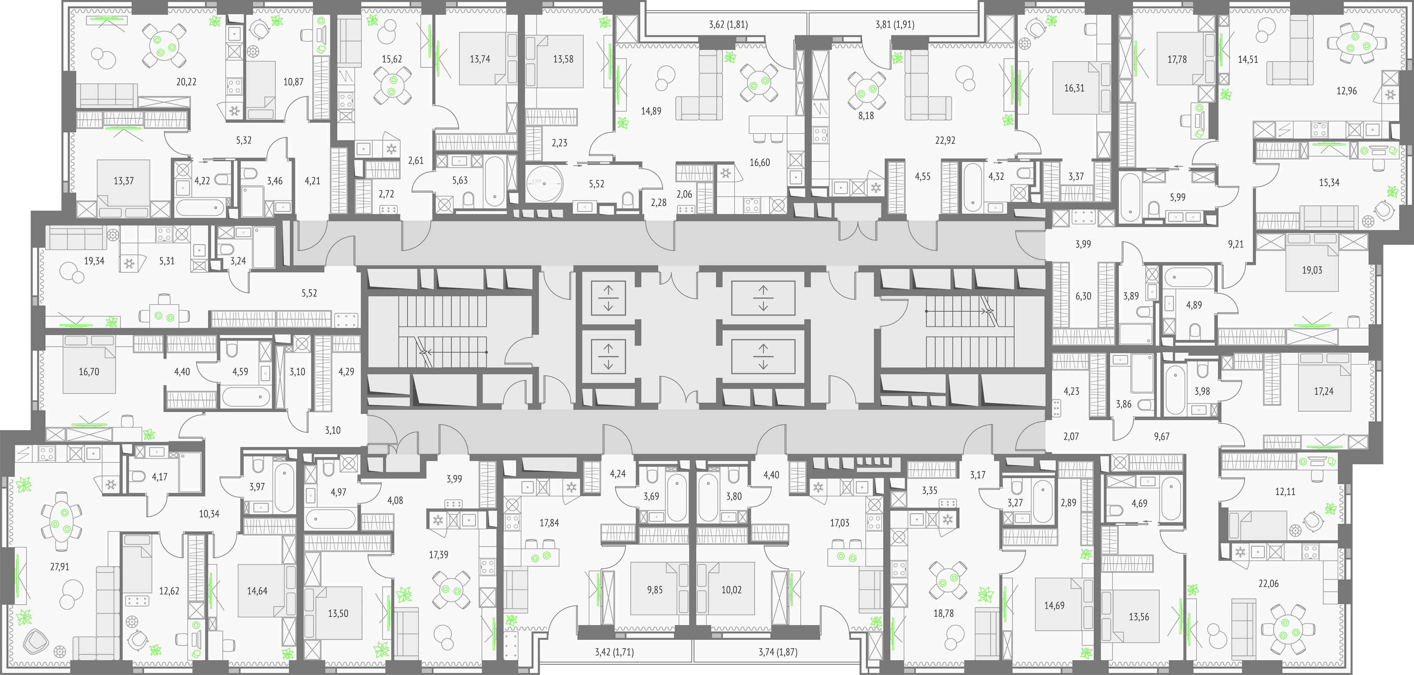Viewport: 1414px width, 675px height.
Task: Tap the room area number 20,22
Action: pos(186,82)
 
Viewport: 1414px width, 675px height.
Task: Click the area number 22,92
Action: pos(945,140)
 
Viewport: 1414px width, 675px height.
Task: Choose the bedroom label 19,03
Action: pos(1312,270)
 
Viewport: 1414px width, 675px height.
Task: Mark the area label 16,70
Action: pos(89,372)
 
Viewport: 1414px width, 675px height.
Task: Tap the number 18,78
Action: pos(944,614)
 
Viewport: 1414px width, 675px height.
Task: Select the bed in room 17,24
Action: pos(1324,382)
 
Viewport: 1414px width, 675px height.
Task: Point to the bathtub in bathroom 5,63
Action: pos(495,182)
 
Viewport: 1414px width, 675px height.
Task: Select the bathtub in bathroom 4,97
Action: pos(331,519)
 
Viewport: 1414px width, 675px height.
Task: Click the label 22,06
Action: pos(1268,584)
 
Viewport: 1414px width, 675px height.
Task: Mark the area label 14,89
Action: pos(651,111)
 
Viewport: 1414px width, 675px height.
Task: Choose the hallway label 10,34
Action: pos(209,514)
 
